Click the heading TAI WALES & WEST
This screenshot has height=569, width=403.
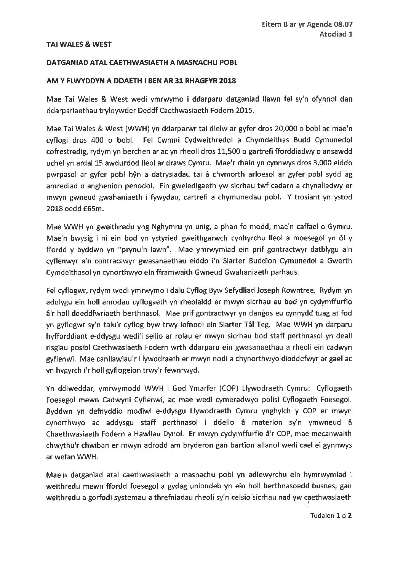(x=79, y=45)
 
